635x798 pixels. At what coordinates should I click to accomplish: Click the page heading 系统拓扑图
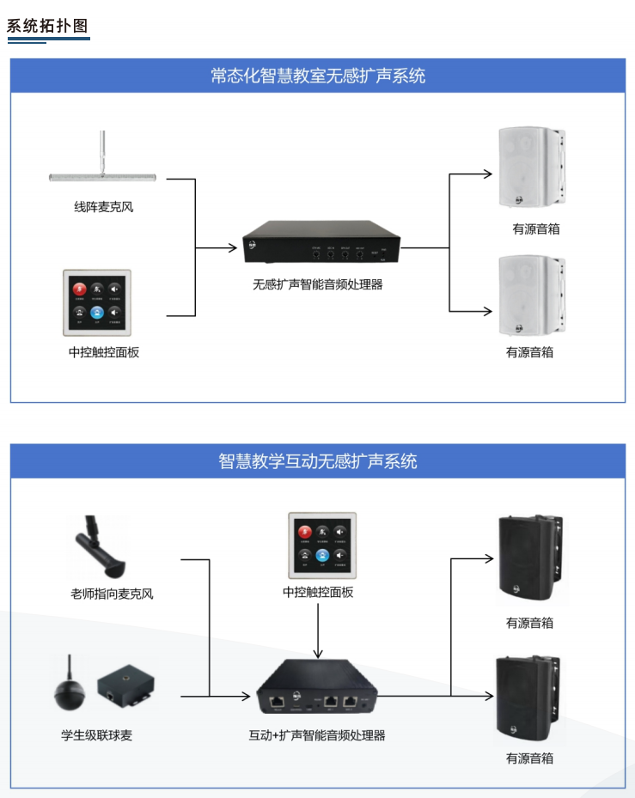click(x=47, y=25)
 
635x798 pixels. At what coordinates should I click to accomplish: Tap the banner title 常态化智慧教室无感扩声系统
click(x=317, y=76)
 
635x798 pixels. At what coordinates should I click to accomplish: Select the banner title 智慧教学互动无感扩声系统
click(x=317, y=461)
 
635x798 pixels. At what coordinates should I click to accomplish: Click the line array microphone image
click(x=102, y=175)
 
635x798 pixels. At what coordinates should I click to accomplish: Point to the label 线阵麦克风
click(x=103, y=207)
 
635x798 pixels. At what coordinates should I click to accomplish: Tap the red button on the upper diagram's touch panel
click(x=79, y=289)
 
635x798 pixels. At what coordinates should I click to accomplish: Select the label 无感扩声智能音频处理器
click(x=317, y=284)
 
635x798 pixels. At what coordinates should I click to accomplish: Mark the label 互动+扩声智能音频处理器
click(x=317, y=735)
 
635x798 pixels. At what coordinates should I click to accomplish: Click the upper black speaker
click(x=530, y=558)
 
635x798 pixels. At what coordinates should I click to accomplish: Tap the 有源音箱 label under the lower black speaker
click(x=529, y=758)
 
